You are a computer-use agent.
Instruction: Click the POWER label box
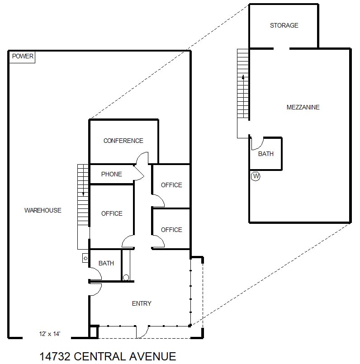[x=23, y=57]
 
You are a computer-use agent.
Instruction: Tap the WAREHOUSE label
[x=43, y=210]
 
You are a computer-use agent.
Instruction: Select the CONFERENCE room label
[x=123, y=141]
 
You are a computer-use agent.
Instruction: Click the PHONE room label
[x=111, y=174]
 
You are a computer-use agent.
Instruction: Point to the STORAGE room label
[x=284, y=25]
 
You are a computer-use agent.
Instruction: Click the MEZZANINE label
[x=303, y=107]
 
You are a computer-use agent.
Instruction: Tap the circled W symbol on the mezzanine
[x=256, y=176]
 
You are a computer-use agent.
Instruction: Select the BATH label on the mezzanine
[x=266, y=154]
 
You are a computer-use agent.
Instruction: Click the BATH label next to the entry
[x=106, y=263]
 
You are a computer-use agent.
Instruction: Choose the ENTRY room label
[x=142, y=303]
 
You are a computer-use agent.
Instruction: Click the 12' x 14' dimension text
[x=50, y=334]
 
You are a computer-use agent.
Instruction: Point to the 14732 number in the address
[x=53, y=356]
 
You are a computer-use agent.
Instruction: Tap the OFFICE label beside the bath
[x=112, y=213]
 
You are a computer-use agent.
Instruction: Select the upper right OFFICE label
[x=171, y=185]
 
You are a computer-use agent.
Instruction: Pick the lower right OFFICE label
[x=171, y=230]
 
